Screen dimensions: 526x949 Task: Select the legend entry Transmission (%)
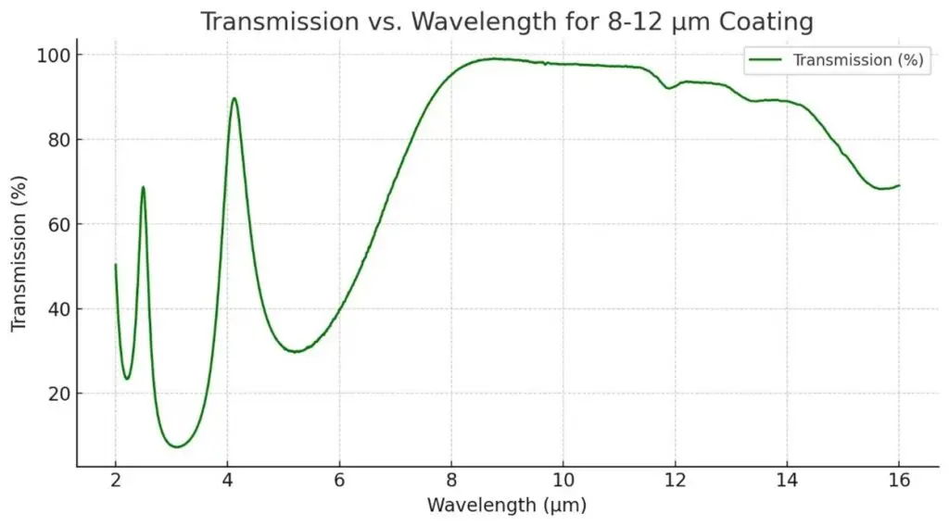point(858,60)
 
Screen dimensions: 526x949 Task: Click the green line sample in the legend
point(766,60)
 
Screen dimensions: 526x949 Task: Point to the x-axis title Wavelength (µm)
point(506,506)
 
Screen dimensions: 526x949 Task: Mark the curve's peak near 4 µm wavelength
point(234,98)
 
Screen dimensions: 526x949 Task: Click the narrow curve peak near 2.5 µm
point(143,187)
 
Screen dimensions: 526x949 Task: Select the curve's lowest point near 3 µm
point(177,447)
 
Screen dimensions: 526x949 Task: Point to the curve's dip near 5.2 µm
point(295,352)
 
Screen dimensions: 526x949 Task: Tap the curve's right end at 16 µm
point(899,185)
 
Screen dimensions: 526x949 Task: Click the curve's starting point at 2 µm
point(116,265)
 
